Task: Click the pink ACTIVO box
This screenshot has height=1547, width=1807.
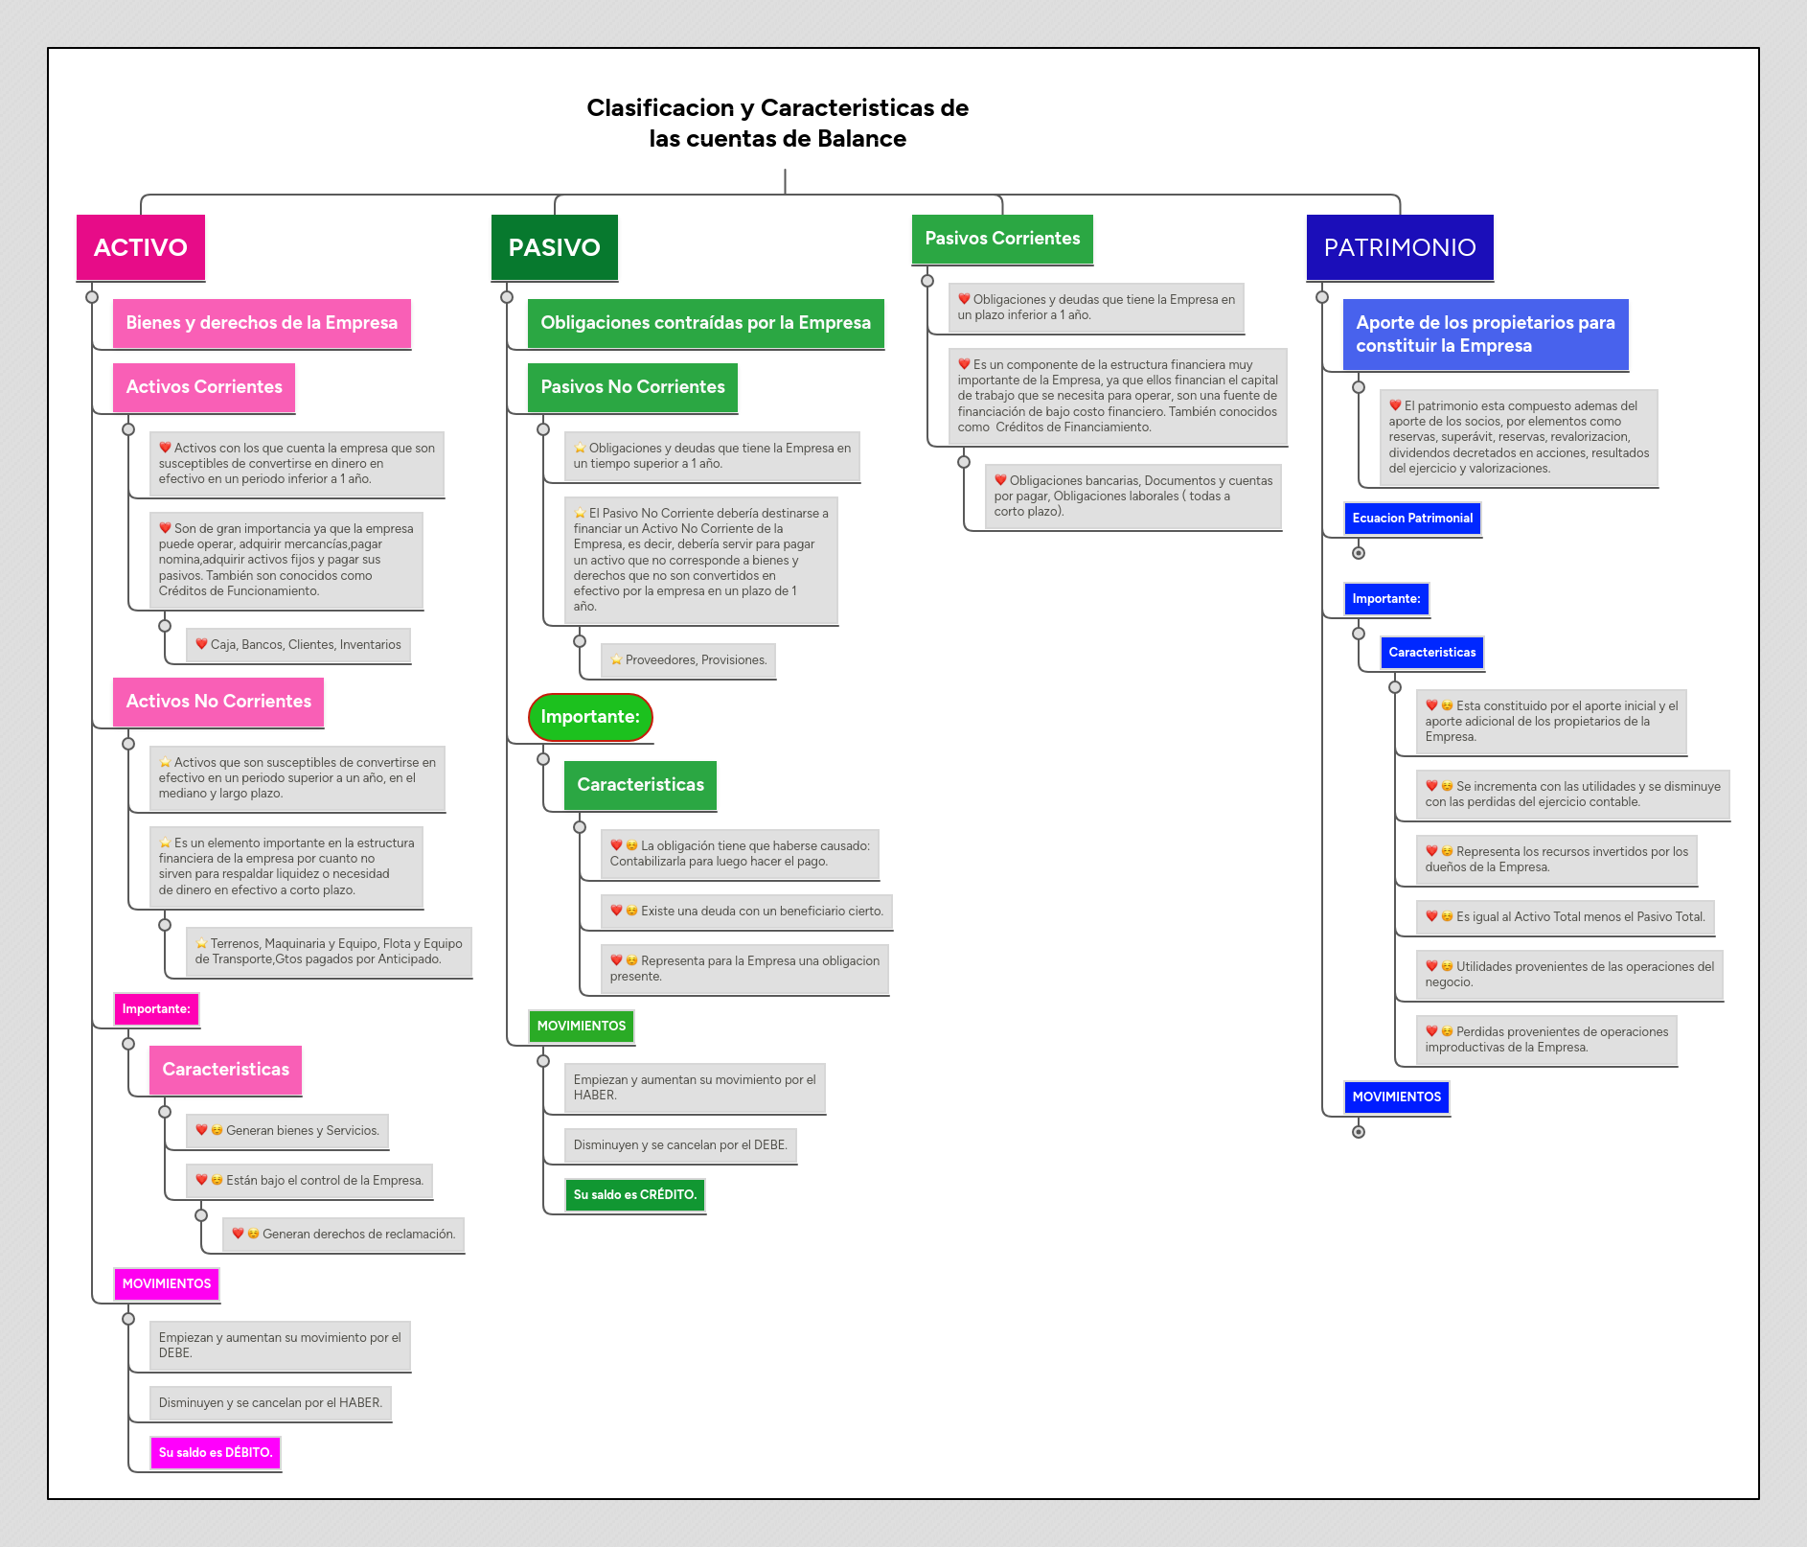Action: point(140,247)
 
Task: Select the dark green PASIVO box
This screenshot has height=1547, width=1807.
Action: point(554,247)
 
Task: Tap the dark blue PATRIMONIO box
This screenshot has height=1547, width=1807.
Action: point(1399,247)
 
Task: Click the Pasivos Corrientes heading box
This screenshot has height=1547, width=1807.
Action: point(1001,239)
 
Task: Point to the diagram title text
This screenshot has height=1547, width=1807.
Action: point(777,123)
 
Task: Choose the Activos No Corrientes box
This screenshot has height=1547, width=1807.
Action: point(218,702)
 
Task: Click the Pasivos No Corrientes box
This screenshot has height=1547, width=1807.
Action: point(632,387)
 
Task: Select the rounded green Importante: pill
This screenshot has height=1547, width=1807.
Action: point(590,717)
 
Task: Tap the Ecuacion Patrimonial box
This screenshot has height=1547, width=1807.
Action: point(1411,519)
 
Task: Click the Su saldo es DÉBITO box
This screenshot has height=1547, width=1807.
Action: point(216,1453)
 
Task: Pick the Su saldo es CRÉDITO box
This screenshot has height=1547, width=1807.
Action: point(634,1195)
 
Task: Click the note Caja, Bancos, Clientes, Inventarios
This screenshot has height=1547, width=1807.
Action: point(298,645)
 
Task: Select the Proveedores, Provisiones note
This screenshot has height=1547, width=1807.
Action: point(688,660)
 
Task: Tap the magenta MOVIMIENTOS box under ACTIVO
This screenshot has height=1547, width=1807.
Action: point(166,1284)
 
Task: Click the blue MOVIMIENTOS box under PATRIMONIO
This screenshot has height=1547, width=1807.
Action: point(1396,1097)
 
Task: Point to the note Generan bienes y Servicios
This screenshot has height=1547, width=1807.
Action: point(287,1131)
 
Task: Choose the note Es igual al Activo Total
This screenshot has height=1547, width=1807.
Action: point(1566,917)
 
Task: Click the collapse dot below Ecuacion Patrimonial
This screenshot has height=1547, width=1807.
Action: point(1358,553)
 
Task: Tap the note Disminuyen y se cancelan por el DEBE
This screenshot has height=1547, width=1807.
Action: point(680,1145)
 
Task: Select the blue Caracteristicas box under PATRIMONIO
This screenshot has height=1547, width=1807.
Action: point(1431,653)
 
